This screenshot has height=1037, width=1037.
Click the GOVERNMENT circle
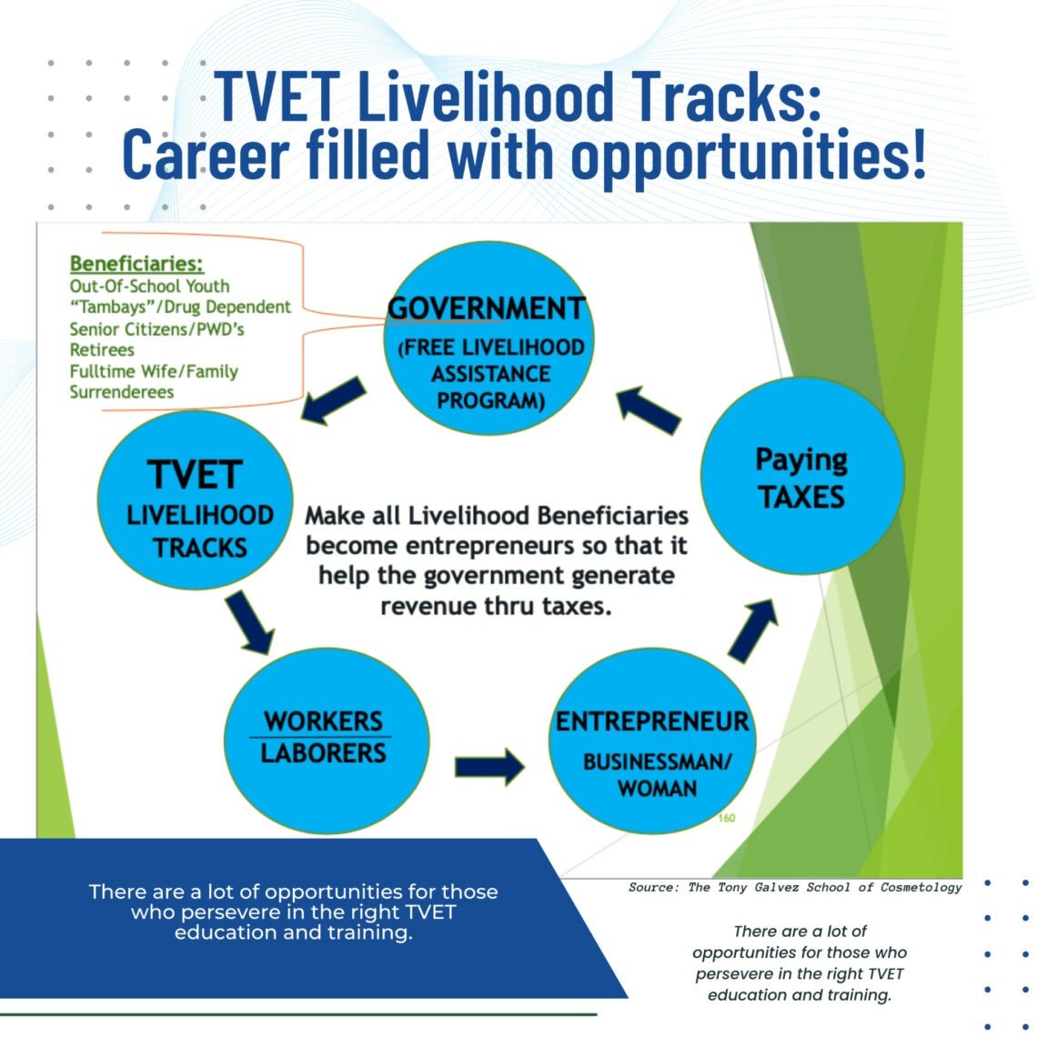(488, 338)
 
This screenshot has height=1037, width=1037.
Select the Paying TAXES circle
(802, 476)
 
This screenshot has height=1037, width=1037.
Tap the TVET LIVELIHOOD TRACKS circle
(195, 500)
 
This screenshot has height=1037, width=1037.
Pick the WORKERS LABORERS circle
(327, 740)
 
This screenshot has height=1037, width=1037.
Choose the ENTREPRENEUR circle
(652, 740)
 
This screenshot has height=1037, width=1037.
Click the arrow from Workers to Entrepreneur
(490, 767)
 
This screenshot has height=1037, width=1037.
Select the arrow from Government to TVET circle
(333, 401)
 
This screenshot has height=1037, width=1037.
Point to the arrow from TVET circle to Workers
(249, 622)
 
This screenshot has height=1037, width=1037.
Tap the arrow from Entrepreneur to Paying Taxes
(752, 630)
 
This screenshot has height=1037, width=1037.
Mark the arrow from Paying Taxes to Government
(648, 410)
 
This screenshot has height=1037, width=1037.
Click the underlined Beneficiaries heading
(136, 264)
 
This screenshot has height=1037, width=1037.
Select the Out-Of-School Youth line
(149, 287)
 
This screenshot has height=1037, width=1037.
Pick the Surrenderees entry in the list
(122, 392)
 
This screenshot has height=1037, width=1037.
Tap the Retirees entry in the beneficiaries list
(102, 350)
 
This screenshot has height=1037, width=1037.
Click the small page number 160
(726, 818)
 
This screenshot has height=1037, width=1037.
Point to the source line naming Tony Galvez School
(795, 888)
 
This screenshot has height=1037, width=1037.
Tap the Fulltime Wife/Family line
(154, 371)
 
